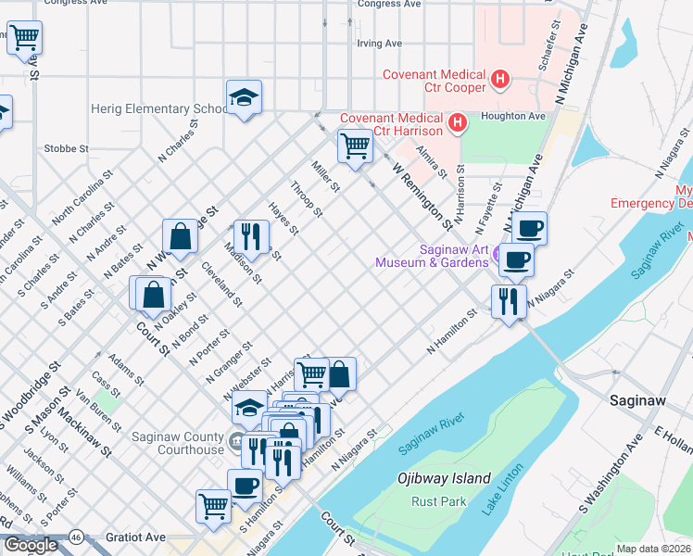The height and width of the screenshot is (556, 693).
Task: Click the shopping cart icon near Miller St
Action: click(355, 146)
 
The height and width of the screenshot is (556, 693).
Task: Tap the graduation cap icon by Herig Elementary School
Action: click(245, 97)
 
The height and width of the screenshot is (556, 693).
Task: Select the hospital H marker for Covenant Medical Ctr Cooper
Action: click(500, 80)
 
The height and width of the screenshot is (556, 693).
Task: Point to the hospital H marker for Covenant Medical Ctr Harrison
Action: click(457, 122)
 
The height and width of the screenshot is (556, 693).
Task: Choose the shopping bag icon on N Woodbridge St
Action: click(181, 237)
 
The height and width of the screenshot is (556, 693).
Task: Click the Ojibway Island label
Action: click(444, 479)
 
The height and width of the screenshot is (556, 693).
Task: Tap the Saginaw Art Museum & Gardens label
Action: click(432, 256)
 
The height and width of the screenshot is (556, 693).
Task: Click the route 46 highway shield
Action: click(77, 537)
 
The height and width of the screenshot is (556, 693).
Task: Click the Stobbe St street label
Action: click(66, 148)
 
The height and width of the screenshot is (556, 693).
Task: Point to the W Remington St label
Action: click(422, 197)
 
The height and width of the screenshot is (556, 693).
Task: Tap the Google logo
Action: click(30, 546)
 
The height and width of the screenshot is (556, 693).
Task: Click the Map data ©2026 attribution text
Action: click(653, 549)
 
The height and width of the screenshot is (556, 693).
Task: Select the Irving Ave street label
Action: click(380, 43)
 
